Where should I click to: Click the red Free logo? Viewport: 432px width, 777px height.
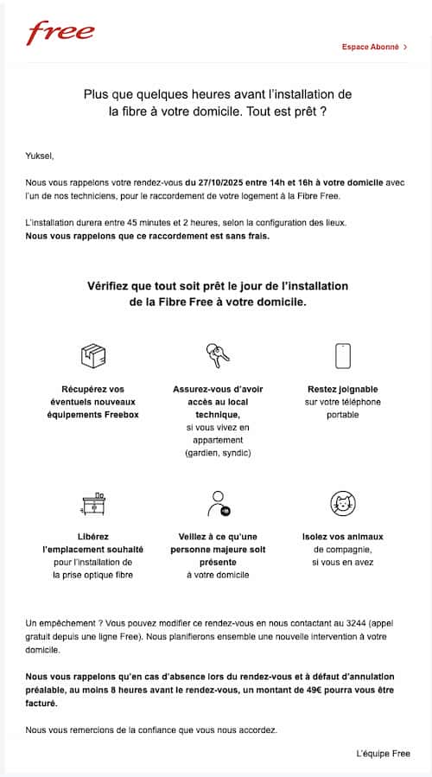pos(60,34)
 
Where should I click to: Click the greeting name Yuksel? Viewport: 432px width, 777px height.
pos(40,156)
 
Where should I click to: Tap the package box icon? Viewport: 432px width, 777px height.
pos(92,355)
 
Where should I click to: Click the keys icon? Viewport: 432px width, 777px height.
pos(217,354)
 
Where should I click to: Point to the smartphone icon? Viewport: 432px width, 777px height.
pos(342,355)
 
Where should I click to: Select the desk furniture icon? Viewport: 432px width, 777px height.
pos(92,503)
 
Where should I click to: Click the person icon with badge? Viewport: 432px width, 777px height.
pos(217,503)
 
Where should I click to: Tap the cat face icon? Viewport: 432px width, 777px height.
pos(342,503)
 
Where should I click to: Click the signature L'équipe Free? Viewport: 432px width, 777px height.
pos(383,754)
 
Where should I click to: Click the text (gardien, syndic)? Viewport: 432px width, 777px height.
pos(218,454)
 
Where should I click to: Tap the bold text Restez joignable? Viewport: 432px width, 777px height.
pos(342,389)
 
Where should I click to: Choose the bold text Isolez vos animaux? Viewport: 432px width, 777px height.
pos(342,537)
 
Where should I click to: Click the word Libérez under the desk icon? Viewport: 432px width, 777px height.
pos(92,537)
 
